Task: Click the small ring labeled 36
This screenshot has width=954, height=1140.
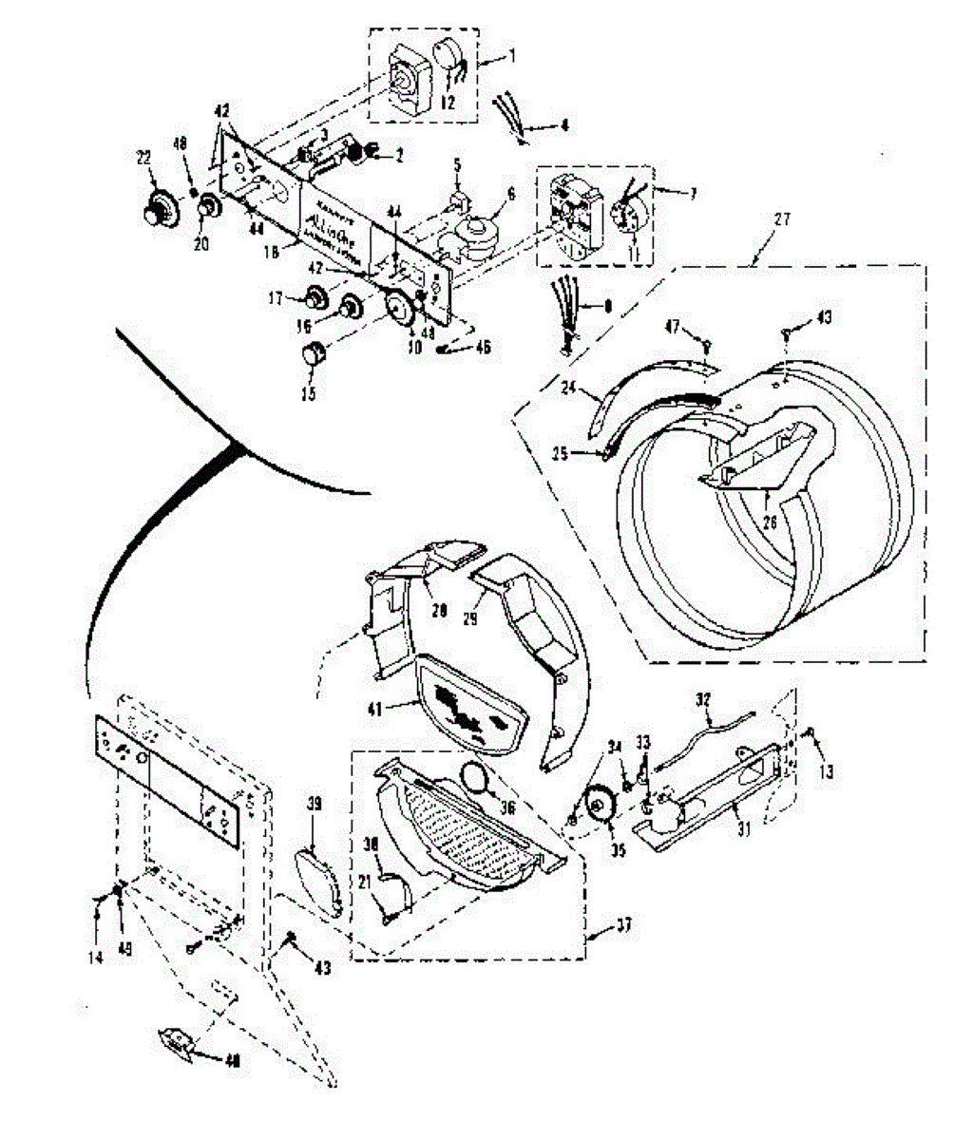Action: [x=478, y=778]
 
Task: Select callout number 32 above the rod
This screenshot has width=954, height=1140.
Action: [x=703, y=699]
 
